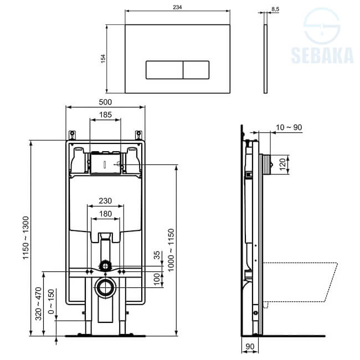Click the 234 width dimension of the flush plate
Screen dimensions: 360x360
177,7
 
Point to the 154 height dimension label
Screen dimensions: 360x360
103,59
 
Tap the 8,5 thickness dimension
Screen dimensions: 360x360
275,9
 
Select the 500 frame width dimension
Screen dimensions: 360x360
105,102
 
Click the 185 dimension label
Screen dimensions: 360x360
105,115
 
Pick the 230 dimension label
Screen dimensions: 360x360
105,201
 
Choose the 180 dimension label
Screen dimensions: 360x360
105,214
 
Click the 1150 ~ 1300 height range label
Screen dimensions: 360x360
25,238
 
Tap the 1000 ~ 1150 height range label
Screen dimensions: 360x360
171,250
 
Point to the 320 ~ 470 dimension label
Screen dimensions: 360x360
39,304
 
